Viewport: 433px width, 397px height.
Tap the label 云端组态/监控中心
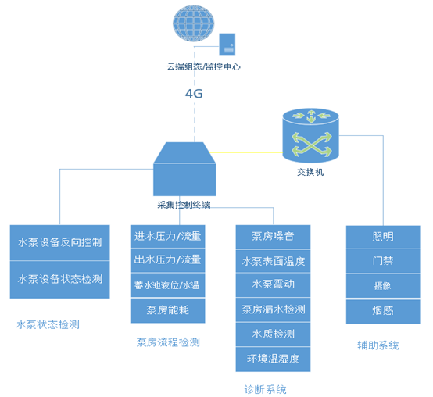[203, 68]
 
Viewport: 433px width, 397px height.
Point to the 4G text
[194, 94]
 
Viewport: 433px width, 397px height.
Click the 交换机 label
[310, 172]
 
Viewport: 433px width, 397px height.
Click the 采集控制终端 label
[184, 205]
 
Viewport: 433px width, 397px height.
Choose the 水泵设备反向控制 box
[59, 242]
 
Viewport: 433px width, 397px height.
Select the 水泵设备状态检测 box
[59, 279]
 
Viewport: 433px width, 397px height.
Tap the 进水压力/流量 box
[167, 237]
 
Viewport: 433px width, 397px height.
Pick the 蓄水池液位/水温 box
[167, 285]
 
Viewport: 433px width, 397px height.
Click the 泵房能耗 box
[167, 310]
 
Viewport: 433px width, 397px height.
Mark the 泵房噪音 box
[273, 236]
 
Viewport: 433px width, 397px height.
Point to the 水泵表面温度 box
[273, 261]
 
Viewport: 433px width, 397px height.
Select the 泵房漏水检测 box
[273, 309]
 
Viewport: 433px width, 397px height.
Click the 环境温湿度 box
[273, 359]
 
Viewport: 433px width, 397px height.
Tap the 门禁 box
[383, 261]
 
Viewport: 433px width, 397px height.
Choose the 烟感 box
[383, 310]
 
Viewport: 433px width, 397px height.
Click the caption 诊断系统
[265, 388]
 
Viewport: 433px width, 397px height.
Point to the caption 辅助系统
[378, 345]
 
